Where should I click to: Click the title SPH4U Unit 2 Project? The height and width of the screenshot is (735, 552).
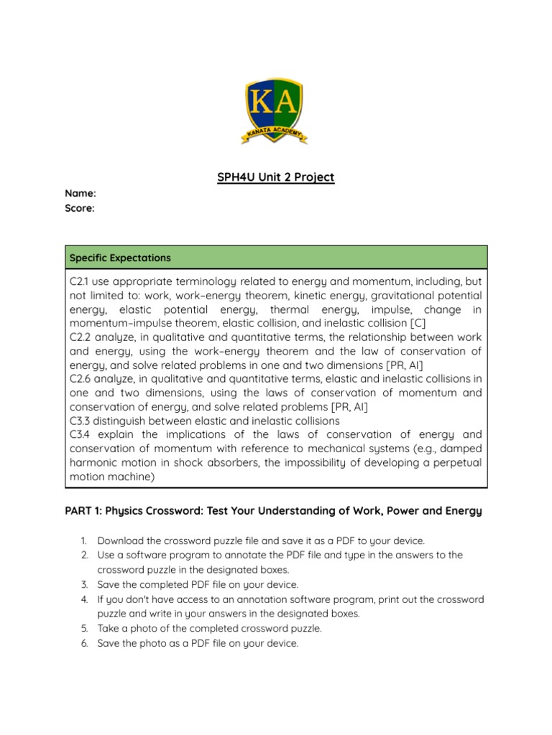(275, 177)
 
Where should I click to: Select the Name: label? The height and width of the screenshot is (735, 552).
(80, 193)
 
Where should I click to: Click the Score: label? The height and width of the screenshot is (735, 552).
(80, 208)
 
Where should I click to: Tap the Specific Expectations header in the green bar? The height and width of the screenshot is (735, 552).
(119, 257)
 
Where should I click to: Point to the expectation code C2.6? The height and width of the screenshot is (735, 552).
(80, 378)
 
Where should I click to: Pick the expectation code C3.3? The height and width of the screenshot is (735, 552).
(80, 421)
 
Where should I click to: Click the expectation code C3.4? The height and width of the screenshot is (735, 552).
(80, 434)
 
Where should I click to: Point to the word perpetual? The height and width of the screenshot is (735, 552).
(454, 463)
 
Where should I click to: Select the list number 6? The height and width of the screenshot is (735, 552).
(83, 644)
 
